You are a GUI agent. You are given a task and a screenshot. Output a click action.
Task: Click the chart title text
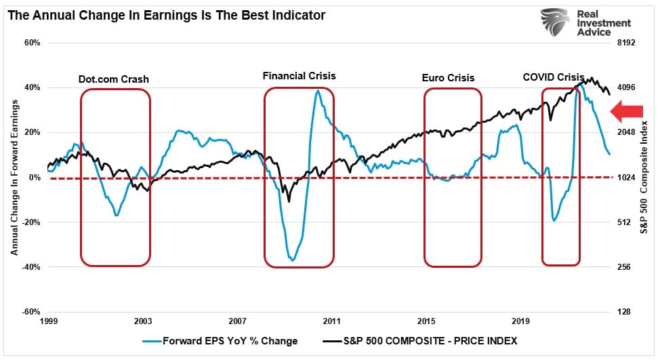pos(167,14)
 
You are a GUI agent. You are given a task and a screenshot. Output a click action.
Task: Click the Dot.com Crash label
pos(113,79)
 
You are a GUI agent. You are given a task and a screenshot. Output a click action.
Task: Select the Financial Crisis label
pos(299,76)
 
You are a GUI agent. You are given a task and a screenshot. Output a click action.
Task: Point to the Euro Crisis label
pos(448,78)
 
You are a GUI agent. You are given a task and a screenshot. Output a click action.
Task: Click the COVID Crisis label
pos(554,77)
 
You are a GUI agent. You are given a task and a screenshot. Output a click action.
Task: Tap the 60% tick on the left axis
pos(33,43)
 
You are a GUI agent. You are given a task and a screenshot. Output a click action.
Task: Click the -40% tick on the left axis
pos(31,267)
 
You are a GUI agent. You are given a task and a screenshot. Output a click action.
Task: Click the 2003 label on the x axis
pos(143,321)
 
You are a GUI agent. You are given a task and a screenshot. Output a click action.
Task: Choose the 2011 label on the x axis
pos(331,321)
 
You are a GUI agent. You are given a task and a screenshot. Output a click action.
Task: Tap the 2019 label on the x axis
pos(520,321)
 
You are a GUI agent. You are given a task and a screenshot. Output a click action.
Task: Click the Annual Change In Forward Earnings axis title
pos(14,178)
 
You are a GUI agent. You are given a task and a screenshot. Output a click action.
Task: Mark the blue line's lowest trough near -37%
pos(292,260)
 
